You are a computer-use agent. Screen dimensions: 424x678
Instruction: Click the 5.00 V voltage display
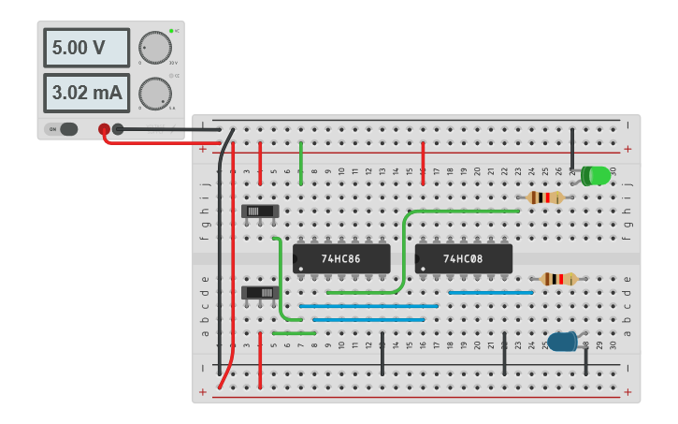pos(73,48)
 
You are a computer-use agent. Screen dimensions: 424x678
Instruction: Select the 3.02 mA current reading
pos(73,93)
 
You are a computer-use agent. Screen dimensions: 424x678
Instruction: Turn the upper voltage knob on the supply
pos(154,48)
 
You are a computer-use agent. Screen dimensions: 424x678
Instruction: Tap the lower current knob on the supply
pos(154,93)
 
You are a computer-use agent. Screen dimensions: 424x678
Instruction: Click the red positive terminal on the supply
pos(104,129)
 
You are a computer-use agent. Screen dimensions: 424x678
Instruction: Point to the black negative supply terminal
pos(118,129)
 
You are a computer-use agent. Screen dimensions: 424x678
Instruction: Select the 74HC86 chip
pos(341,258)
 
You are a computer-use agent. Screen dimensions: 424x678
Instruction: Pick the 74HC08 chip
pos(463,258)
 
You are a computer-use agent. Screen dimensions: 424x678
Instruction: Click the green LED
pos(596,175)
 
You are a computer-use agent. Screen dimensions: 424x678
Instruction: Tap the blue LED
pos(563,342)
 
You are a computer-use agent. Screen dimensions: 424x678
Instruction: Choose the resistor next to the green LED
pos(544,197)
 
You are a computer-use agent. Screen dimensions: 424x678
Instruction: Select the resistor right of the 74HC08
pos(558,279)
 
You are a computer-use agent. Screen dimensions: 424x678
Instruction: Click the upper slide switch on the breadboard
pos(260,212)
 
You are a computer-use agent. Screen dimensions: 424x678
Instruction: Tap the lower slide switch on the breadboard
pos(260,293)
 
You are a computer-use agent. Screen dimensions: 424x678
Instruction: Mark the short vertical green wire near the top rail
pos(301,164)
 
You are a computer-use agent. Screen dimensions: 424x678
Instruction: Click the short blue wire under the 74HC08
pos(490,293)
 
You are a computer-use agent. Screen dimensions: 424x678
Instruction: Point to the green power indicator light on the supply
pos(172,31)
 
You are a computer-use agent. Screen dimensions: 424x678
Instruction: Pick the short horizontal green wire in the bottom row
pos(294,333)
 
